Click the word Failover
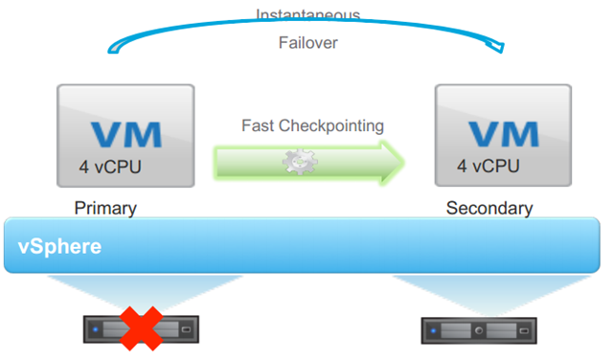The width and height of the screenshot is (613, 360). pyautogui.click(x=308, y=43)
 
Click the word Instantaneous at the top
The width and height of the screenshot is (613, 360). pyautogui.click(x=307, y=13)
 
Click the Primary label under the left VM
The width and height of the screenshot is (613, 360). pyautogui.click(x=105, y=208)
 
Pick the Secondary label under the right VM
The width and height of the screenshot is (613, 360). pyautogui.click(x=488, y=208)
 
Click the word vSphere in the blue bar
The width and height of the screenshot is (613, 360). pyautogui.click(x=59, y=247)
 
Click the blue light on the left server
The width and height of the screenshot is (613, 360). pyautogui.click(x=97, y=330)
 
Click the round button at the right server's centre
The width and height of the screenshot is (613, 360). pyautogui.click(x=479, y=330)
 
